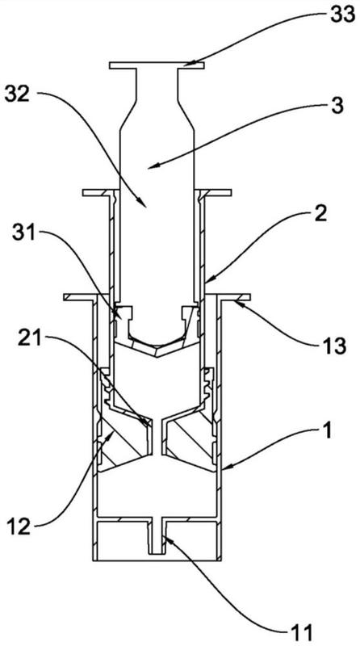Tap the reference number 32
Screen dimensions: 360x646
(x=17, y=95)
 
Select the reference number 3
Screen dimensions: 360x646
(x=337, y=106)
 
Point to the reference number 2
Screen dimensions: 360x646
(x=320, y=214)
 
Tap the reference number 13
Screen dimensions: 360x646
(x=333, y=346)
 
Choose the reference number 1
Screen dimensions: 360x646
(x=325, y=434)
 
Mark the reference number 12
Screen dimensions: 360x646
(x=19, y=526)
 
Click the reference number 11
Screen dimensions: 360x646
(x=301, y=632)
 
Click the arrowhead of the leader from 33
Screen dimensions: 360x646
(x=186, y=64)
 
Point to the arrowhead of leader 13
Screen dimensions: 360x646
(x=237, y=303)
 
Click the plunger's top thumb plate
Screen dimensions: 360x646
(x=157, y=65)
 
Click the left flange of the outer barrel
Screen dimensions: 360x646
(x=80, y=296)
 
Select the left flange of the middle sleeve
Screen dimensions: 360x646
(x=97, y=192)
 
